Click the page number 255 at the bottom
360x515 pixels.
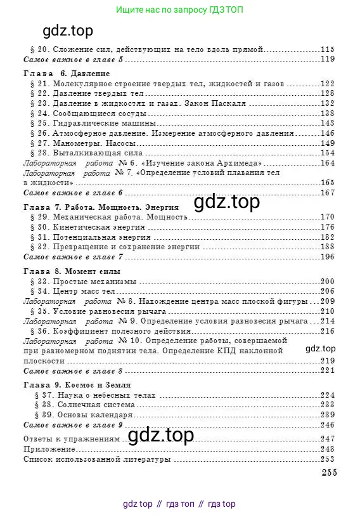point(328,472)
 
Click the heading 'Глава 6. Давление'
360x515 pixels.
point(67,74)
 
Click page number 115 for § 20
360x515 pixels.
point(327,49)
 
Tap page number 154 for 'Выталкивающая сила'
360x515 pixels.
point(327,152)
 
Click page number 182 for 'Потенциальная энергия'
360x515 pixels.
point(327,237)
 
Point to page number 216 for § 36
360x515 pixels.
point(327,330)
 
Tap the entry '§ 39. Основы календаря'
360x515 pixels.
point(82,414)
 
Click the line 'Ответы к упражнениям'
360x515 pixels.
point(70,439)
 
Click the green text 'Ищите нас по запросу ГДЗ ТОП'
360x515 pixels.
point(180,10)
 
